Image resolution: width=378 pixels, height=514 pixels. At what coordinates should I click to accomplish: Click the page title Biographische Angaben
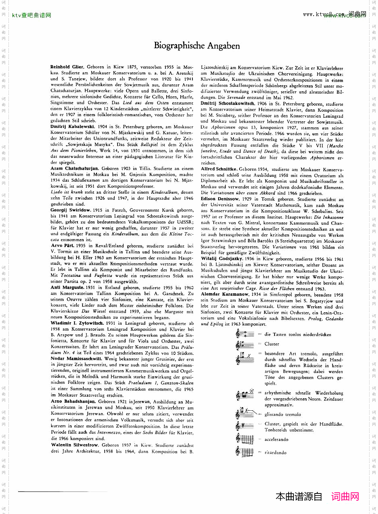pyautogui.click(x=197, y=46)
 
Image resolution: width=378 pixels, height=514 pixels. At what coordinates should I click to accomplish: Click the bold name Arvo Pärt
pyautogui.click(x=63, y=246)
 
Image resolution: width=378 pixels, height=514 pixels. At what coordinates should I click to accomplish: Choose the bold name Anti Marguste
pyautogui.click(x=66, y=288)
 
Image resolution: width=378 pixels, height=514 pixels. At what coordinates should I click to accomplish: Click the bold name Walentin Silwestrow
pyautogui.click(x=75, y=445)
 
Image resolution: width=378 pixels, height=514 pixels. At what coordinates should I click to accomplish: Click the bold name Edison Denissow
pyautogui.click(x=219, y=199)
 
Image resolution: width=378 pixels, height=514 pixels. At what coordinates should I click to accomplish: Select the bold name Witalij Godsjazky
pyautogui.click(x=221, y=259)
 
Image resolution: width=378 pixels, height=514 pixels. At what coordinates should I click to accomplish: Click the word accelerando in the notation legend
pyautogui.click(x=276, y=440)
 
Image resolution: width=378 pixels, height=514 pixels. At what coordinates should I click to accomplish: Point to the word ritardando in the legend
pyautogui.click(x=275, y=453)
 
